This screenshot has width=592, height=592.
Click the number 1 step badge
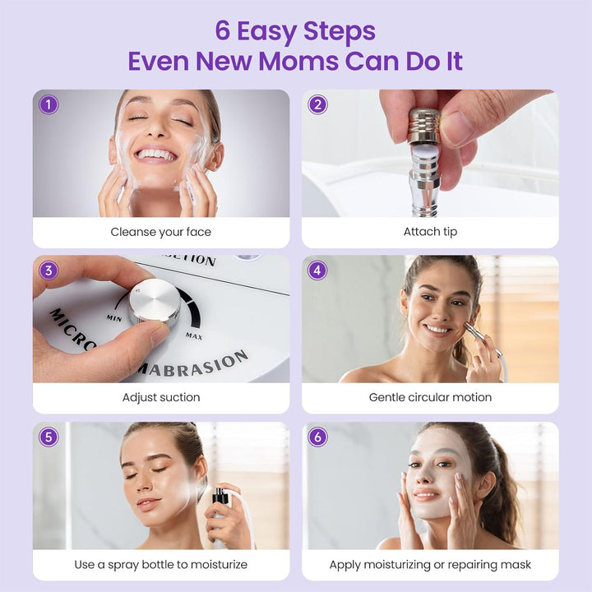tap(49, 104)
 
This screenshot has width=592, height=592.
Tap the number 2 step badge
tap(317, 104)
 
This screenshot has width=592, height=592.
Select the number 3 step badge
tap(49, 271)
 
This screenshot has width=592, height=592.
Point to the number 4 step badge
tap(317, 271)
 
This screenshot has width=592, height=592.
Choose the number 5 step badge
tap(49, 437)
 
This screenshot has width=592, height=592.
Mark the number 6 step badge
tap(317, 437)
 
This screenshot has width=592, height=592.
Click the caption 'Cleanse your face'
tap(161, 232)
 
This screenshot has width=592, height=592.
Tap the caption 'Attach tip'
tap(430, 232)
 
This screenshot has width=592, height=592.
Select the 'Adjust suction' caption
tap(161, 397)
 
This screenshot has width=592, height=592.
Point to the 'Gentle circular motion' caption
tap(430, 397)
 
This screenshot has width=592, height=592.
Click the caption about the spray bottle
tap(161, 564)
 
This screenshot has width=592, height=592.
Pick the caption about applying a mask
tap(430, 564)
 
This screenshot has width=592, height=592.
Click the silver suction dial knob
tap(154, 302)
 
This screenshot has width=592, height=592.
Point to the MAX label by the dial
tap(195, 335)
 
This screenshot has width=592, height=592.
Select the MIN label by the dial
tap(114, 317)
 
